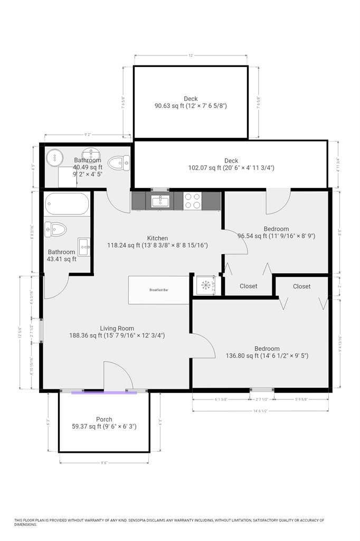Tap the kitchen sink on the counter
point(159,201)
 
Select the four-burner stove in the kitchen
point(192,201)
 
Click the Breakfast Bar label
point(159,290)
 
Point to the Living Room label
point(117,328)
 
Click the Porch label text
point(104,419)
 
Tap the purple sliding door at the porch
point(104,392)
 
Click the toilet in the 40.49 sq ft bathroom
point(119,163)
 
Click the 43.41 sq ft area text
point(62,259)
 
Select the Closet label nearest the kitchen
point(249,286)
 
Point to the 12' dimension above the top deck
point(191,55)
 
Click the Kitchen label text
point(157,238)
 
